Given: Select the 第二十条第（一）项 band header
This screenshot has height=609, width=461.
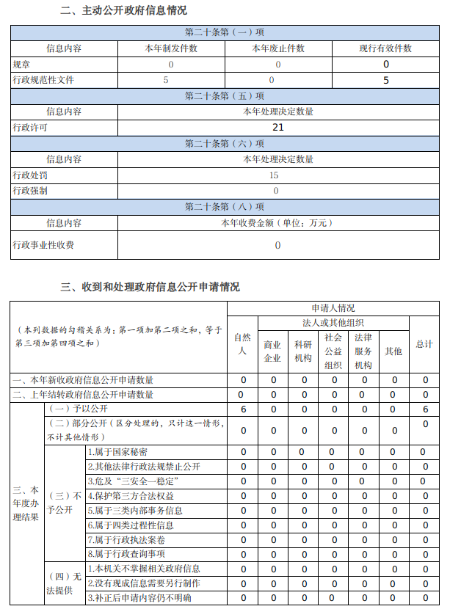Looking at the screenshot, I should [x=225, y=32].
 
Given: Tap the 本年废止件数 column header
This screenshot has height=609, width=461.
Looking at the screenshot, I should [x=278, y=48].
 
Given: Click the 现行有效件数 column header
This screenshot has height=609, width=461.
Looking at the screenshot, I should [x=385, y=48].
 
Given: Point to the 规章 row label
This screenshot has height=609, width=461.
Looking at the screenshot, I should [x=22, y=64].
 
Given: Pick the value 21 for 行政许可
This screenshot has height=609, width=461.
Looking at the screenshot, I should [x=278, y=127].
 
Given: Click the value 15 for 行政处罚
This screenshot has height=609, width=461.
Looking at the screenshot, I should [x=274, y=175].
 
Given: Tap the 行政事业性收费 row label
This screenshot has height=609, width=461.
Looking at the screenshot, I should [x=43, y=245].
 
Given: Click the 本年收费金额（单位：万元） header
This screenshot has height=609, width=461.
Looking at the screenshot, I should [x=278, y=222].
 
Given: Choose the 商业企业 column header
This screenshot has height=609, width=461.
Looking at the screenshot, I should [x=272, y=351].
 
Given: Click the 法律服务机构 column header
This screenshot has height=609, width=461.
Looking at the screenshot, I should [x=363, y=351].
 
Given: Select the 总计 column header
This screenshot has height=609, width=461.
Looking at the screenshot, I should [x=424, y=343].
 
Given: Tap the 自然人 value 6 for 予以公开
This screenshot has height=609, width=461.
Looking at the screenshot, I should [x=243, y=409].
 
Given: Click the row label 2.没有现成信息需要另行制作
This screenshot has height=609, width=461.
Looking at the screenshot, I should [x=144, y=583].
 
